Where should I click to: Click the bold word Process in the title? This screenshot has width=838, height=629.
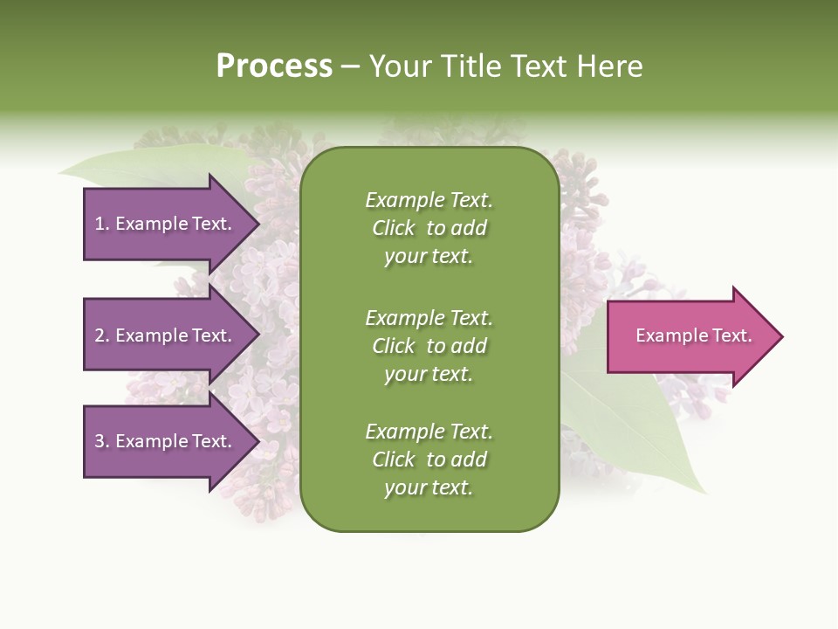274,66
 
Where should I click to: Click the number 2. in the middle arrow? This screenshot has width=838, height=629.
102,335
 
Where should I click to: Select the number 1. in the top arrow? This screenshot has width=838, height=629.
102,224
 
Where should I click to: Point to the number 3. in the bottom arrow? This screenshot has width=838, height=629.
102,441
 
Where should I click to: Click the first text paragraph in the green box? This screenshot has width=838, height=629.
429,228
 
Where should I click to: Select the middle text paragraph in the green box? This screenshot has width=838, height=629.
429,346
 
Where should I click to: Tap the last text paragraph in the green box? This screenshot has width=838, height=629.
429,460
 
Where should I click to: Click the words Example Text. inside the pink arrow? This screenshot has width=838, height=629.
694,335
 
